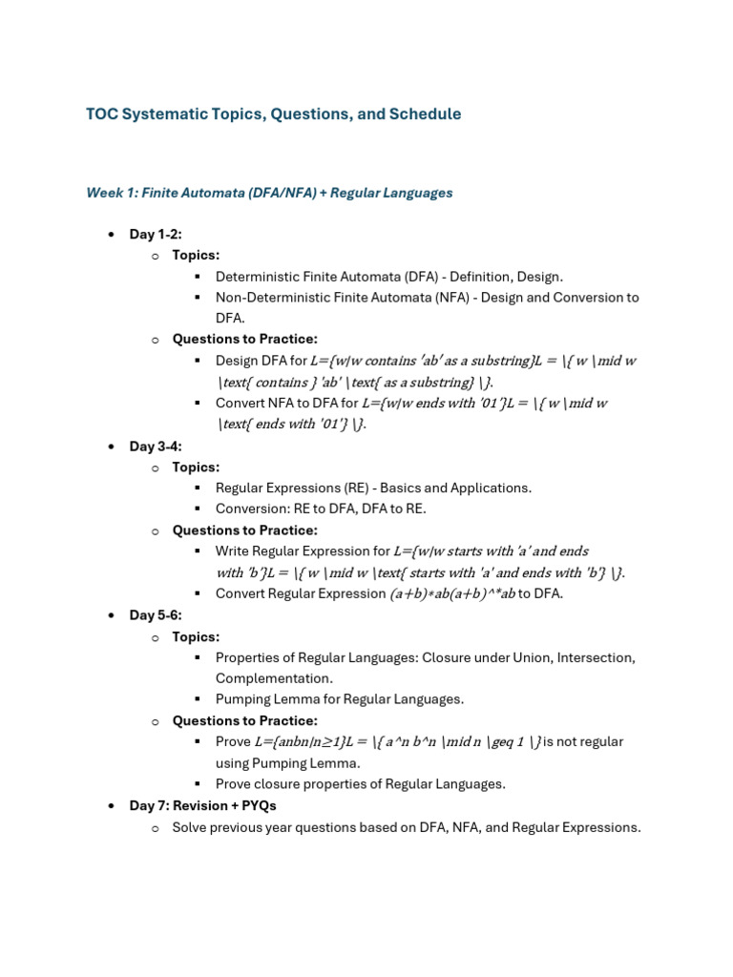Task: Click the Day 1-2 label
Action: pos(156,235)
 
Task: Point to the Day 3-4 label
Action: pos(156,447)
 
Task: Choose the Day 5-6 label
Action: pos(156,615)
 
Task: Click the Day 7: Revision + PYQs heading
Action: pos(202,806)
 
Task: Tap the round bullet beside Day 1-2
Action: pos(112,235)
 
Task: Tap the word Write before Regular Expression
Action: pos(233,551)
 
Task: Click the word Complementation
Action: pos(273,678)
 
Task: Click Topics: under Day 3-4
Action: pos(196,468)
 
